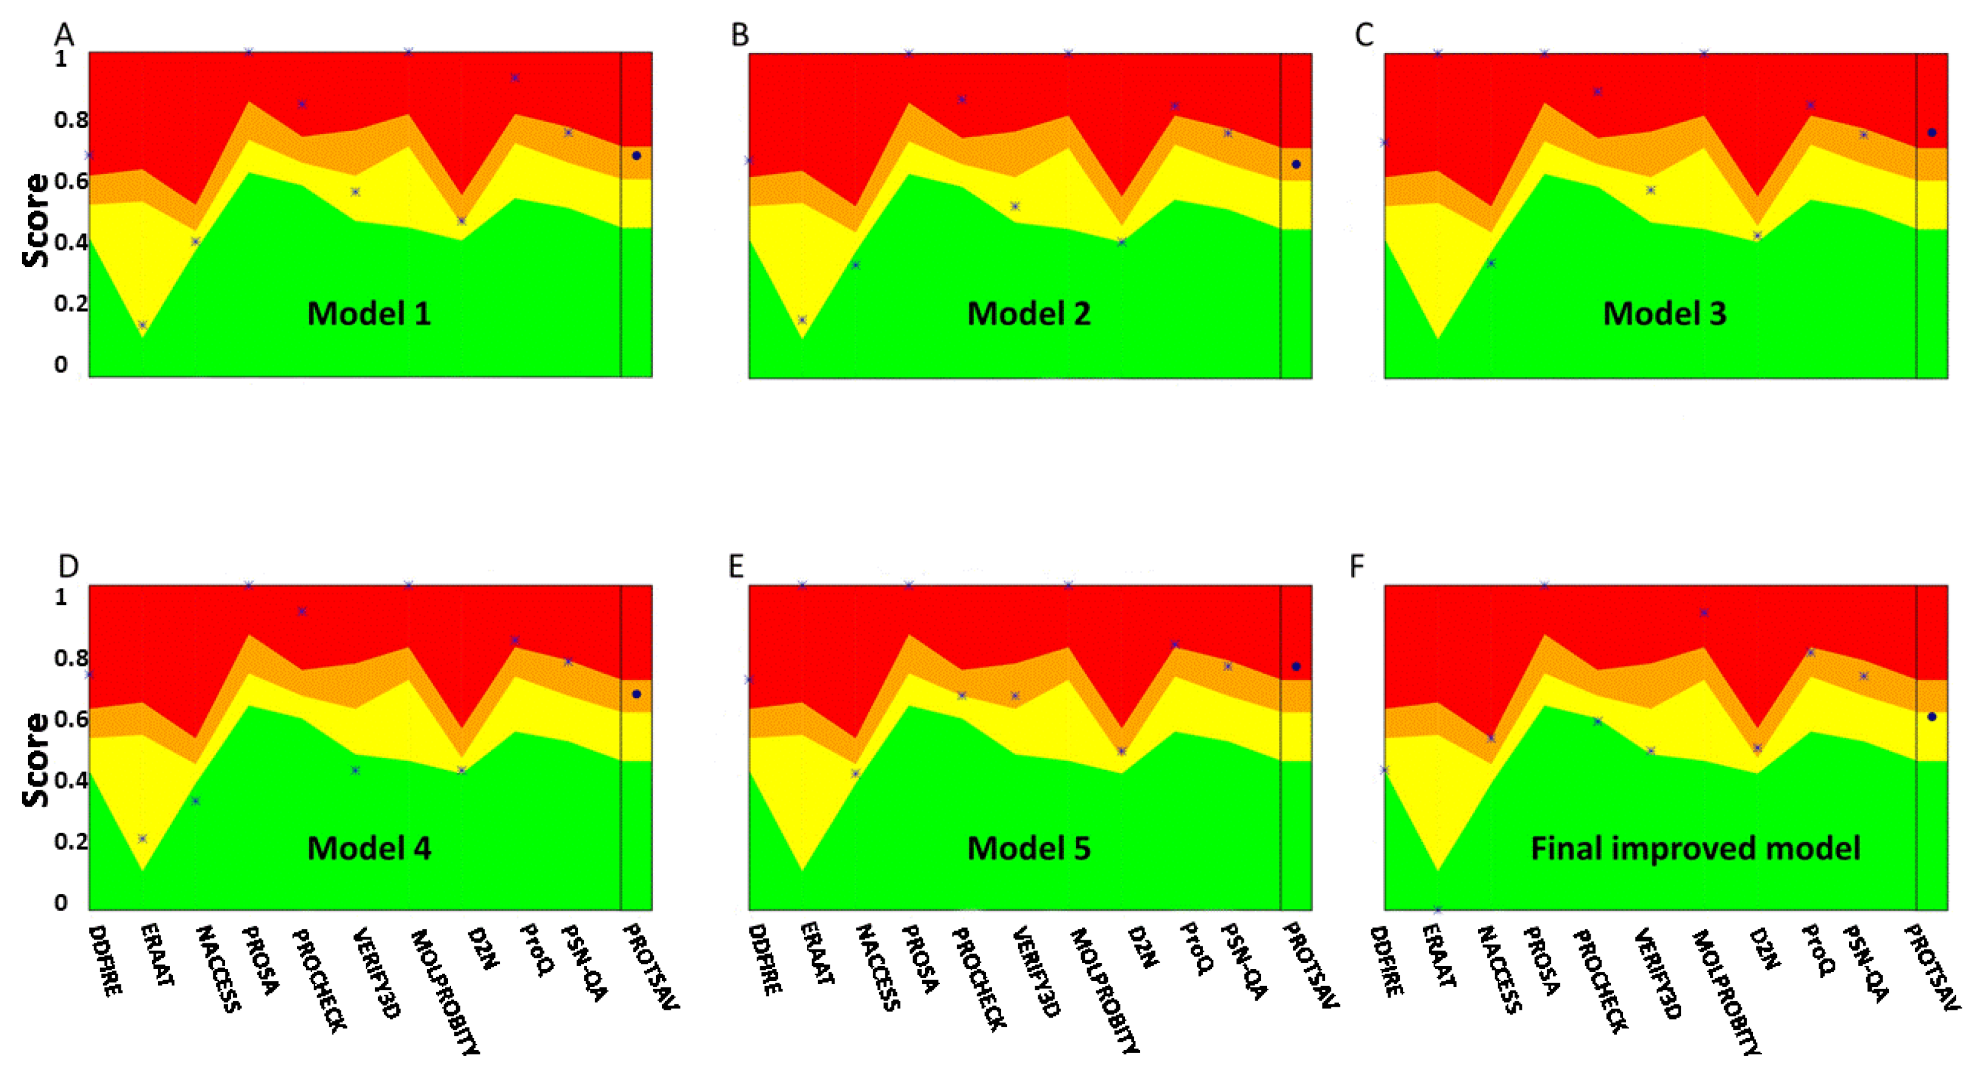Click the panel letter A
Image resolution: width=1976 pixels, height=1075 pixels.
coord(63,35)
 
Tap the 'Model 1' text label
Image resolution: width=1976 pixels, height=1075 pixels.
coord(369,313)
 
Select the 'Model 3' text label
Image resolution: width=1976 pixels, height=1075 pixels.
coord(1664,313)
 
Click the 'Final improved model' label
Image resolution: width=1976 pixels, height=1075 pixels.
coord(1696,848)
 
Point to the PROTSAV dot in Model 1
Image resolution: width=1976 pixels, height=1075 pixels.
coord(636,155)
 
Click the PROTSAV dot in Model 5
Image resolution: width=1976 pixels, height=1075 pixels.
coord(1296,666)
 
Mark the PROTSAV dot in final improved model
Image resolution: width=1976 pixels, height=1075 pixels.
coord(1931,716)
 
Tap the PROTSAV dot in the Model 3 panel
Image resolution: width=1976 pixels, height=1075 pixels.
coord(1931,133)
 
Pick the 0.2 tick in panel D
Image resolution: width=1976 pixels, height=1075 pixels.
coord(71,841)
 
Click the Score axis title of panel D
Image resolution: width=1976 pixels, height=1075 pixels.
coord(35,760)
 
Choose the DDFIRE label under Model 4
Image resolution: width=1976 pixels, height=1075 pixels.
coord(104,961)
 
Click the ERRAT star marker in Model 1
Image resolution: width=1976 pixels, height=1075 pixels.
coord(142,324)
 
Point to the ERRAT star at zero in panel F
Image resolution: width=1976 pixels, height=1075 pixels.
coord(1438,910)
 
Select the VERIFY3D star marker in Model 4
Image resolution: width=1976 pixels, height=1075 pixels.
coord(355,770)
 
